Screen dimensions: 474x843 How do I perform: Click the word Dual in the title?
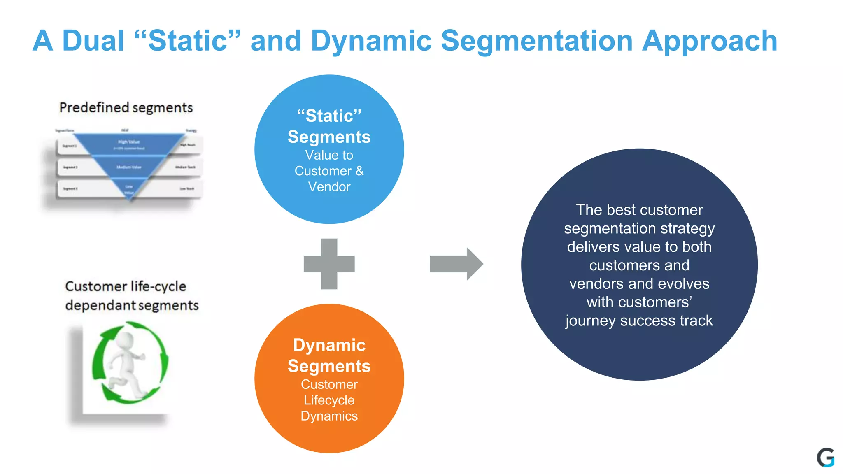pyautogui.click(x=93, y=41)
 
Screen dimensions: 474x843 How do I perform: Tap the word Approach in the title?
pyautogui.click(x=710, y=42)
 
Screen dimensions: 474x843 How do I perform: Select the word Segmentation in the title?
pyautogui.click(x=536, y=42)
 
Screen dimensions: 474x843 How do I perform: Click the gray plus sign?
pyautogui.click(x=329, y=264)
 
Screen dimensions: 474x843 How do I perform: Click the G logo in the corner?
pyautogui.click(x=825, y=458)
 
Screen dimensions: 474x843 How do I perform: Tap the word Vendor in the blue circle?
pyautogui.click(x=329, y=187)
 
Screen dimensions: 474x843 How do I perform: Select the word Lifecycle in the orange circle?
pyautogui.click(x=329, y=400)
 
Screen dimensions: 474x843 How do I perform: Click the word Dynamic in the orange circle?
pyautogui.click(x=329, y=345)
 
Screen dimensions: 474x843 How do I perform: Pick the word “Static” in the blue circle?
pyautogui.click(x=329, y=116)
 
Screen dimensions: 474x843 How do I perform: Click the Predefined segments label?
pyautogui.click(x=126, y=107)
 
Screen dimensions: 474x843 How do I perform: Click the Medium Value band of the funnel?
pyautogui.click(x=129, y=167)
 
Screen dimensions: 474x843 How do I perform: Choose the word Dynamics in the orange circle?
pyautogui.click(x=329, y=416)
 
